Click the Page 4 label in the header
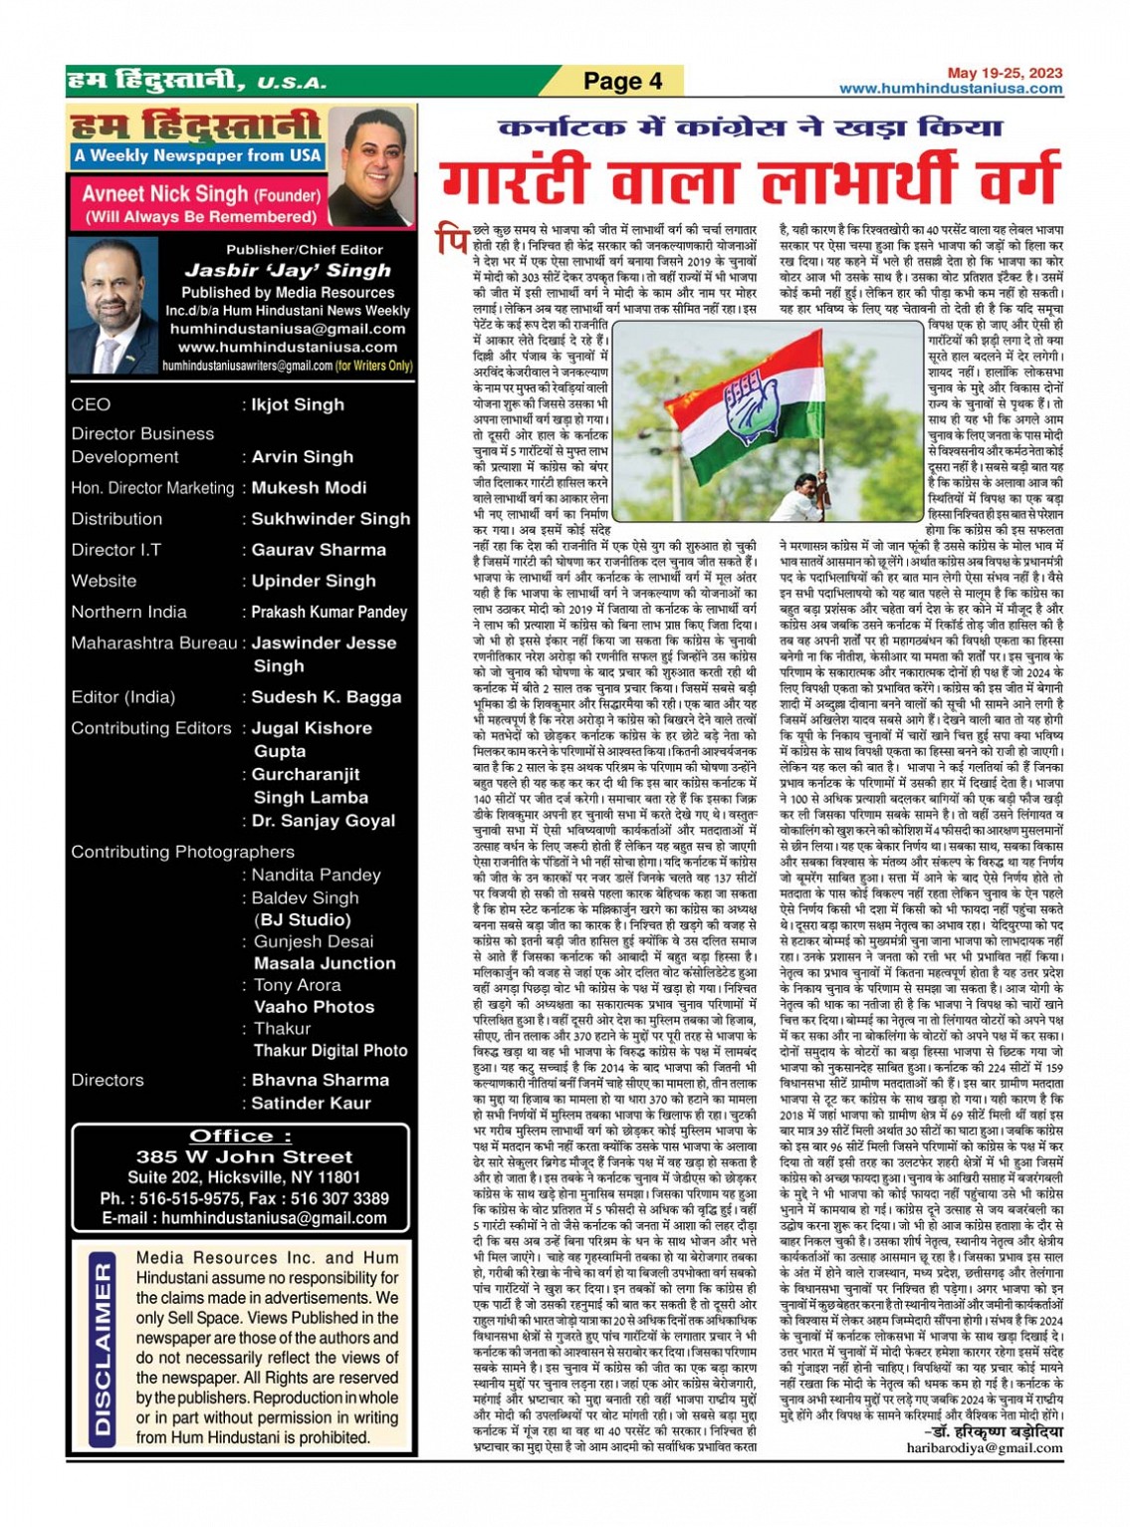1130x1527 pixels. coord(622,81)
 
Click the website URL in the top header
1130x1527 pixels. coord(950,89)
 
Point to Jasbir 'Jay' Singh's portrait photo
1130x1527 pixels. coord(113,306)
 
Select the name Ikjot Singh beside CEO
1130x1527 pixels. coord(298,404)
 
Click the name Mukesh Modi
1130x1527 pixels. coord(309,488)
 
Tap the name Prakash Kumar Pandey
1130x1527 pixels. coord(329,612)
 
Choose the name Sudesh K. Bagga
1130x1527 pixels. coord(326,697)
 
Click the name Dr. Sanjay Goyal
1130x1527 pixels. coord(324,821)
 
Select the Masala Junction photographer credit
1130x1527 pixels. coord(325,963)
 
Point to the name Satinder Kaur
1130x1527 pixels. coord(311,1103)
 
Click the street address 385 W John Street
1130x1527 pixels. coord(244,1156)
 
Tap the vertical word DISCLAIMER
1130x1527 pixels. coord(103,1349)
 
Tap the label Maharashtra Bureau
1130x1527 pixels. coord(153,642)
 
